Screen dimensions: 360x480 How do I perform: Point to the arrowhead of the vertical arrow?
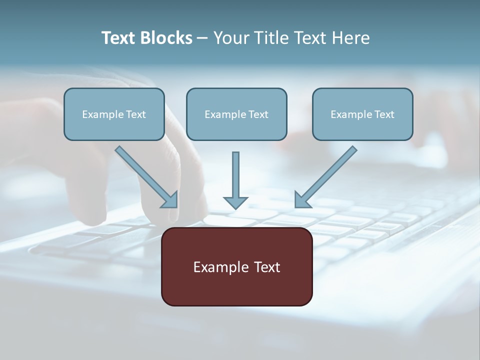(235, 202)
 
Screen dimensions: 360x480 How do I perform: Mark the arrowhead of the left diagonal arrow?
(171, 200)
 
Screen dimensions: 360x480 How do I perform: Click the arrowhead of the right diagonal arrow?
(301, 200)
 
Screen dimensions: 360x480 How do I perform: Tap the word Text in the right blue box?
(384, 114)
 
